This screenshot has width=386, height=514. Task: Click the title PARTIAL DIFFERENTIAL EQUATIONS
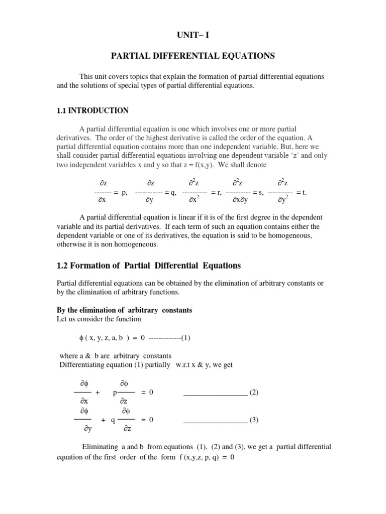(192, 56)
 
